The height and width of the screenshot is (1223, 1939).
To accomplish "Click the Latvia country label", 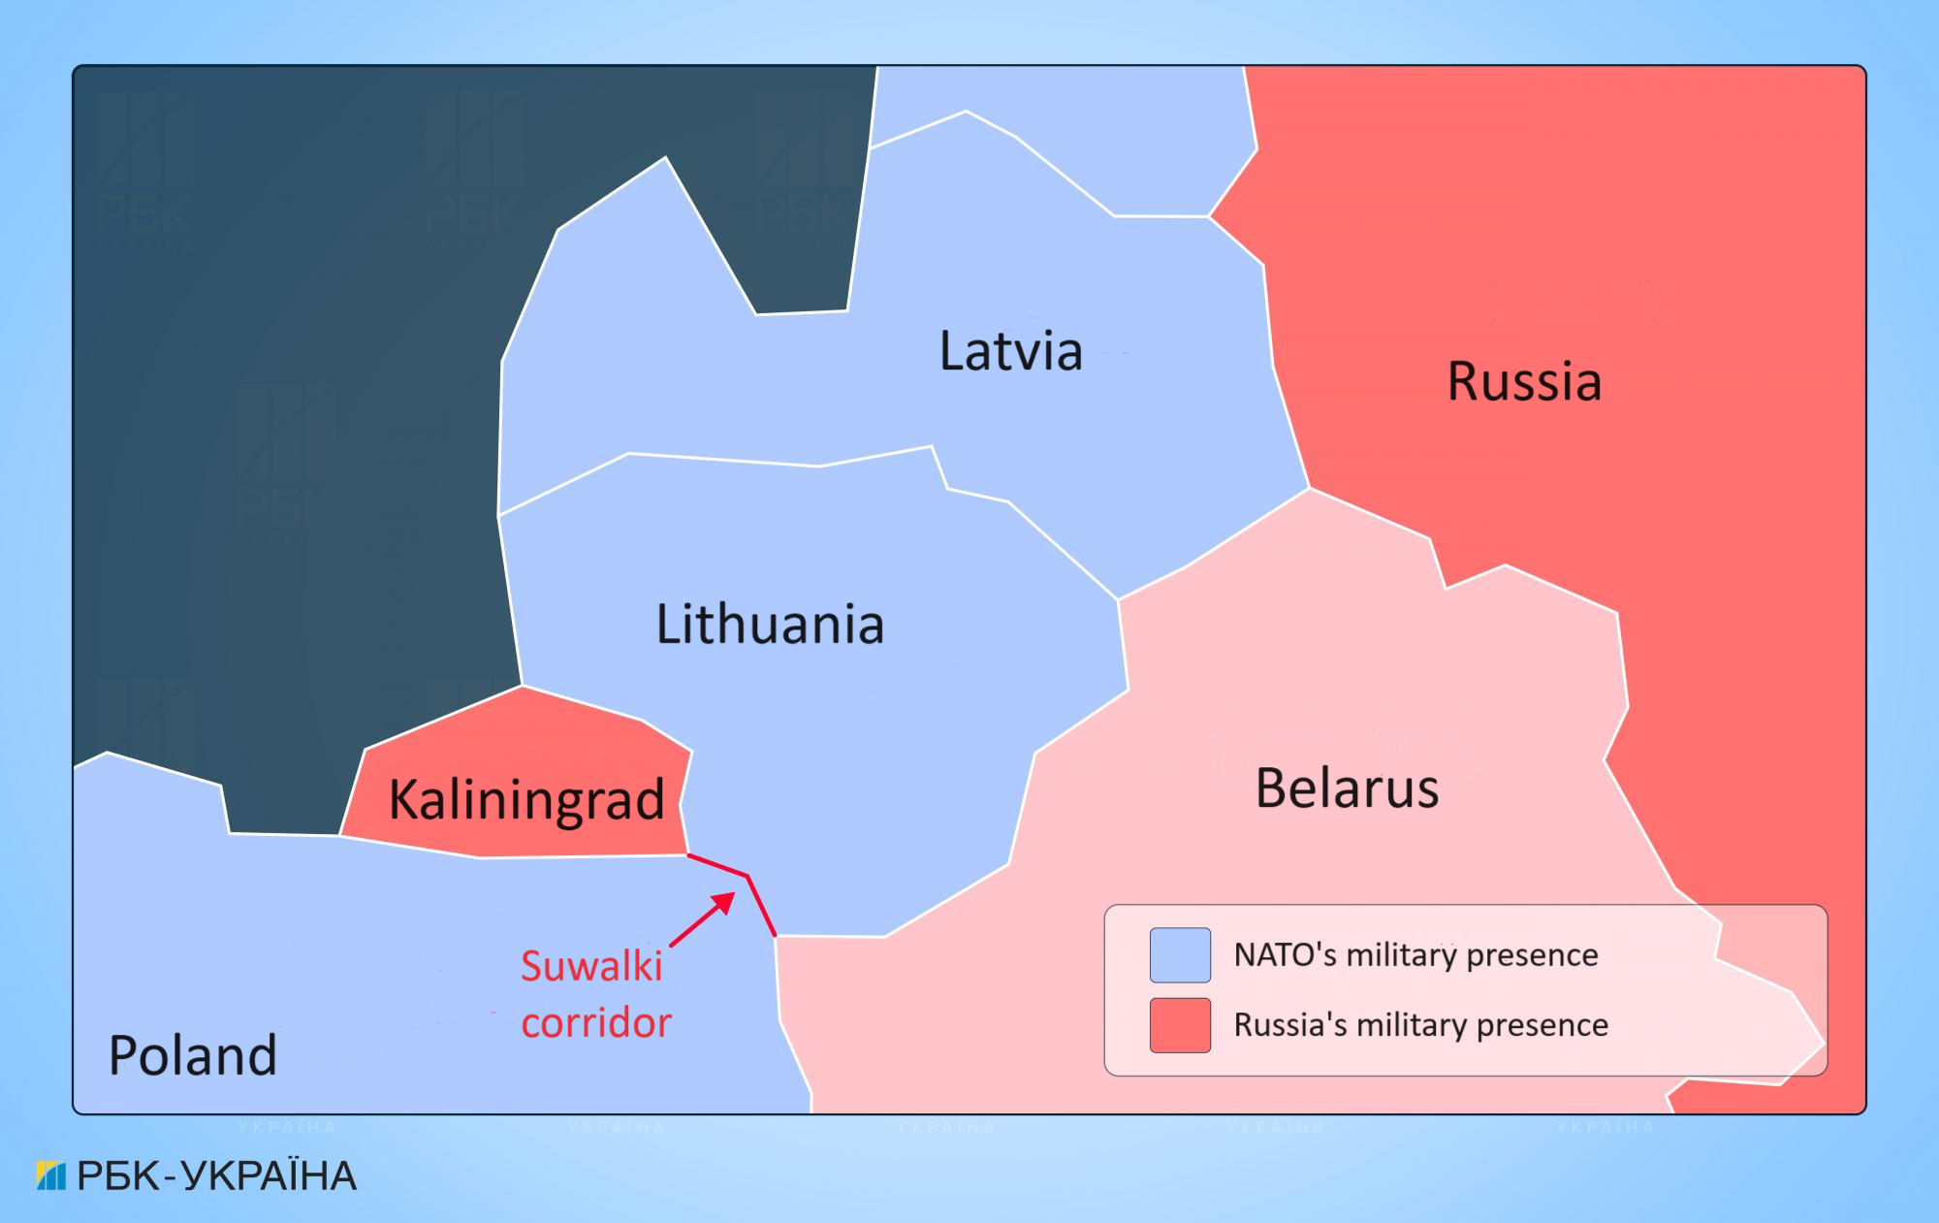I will (x=1011, y=351).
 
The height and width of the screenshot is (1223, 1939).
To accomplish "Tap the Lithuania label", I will (x=770, y=625).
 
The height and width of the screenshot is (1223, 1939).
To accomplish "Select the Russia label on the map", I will (x=1524, y=381).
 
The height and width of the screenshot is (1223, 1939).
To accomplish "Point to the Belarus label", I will (x=1347, y=789).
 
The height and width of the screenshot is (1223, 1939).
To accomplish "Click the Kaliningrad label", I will (x=526, y=800).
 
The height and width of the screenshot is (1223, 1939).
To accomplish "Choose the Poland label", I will (x=193, y=1055).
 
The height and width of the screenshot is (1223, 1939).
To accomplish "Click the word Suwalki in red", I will (x=591, y=967).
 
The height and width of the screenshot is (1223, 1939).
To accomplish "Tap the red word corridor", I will (x=596, y=1023).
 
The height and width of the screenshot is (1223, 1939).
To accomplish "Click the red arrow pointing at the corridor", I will (x=703, y=918).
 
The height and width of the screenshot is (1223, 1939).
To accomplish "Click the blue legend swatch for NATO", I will (x=1180, y=955).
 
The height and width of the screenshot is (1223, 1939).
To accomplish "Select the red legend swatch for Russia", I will (x=1180, y=1025).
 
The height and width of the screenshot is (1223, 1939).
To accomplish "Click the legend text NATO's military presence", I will (x=1415, y=955).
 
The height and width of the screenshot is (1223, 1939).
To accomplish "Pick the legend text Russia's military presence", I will (x=1420, y=1025).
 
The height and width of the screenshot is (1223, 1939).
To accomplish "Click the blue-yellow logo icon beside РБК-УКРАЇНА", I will (x=50, y=1175).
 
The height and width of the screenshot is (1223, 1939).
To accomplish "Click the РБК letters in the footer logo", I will (x=117, y=1176).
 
